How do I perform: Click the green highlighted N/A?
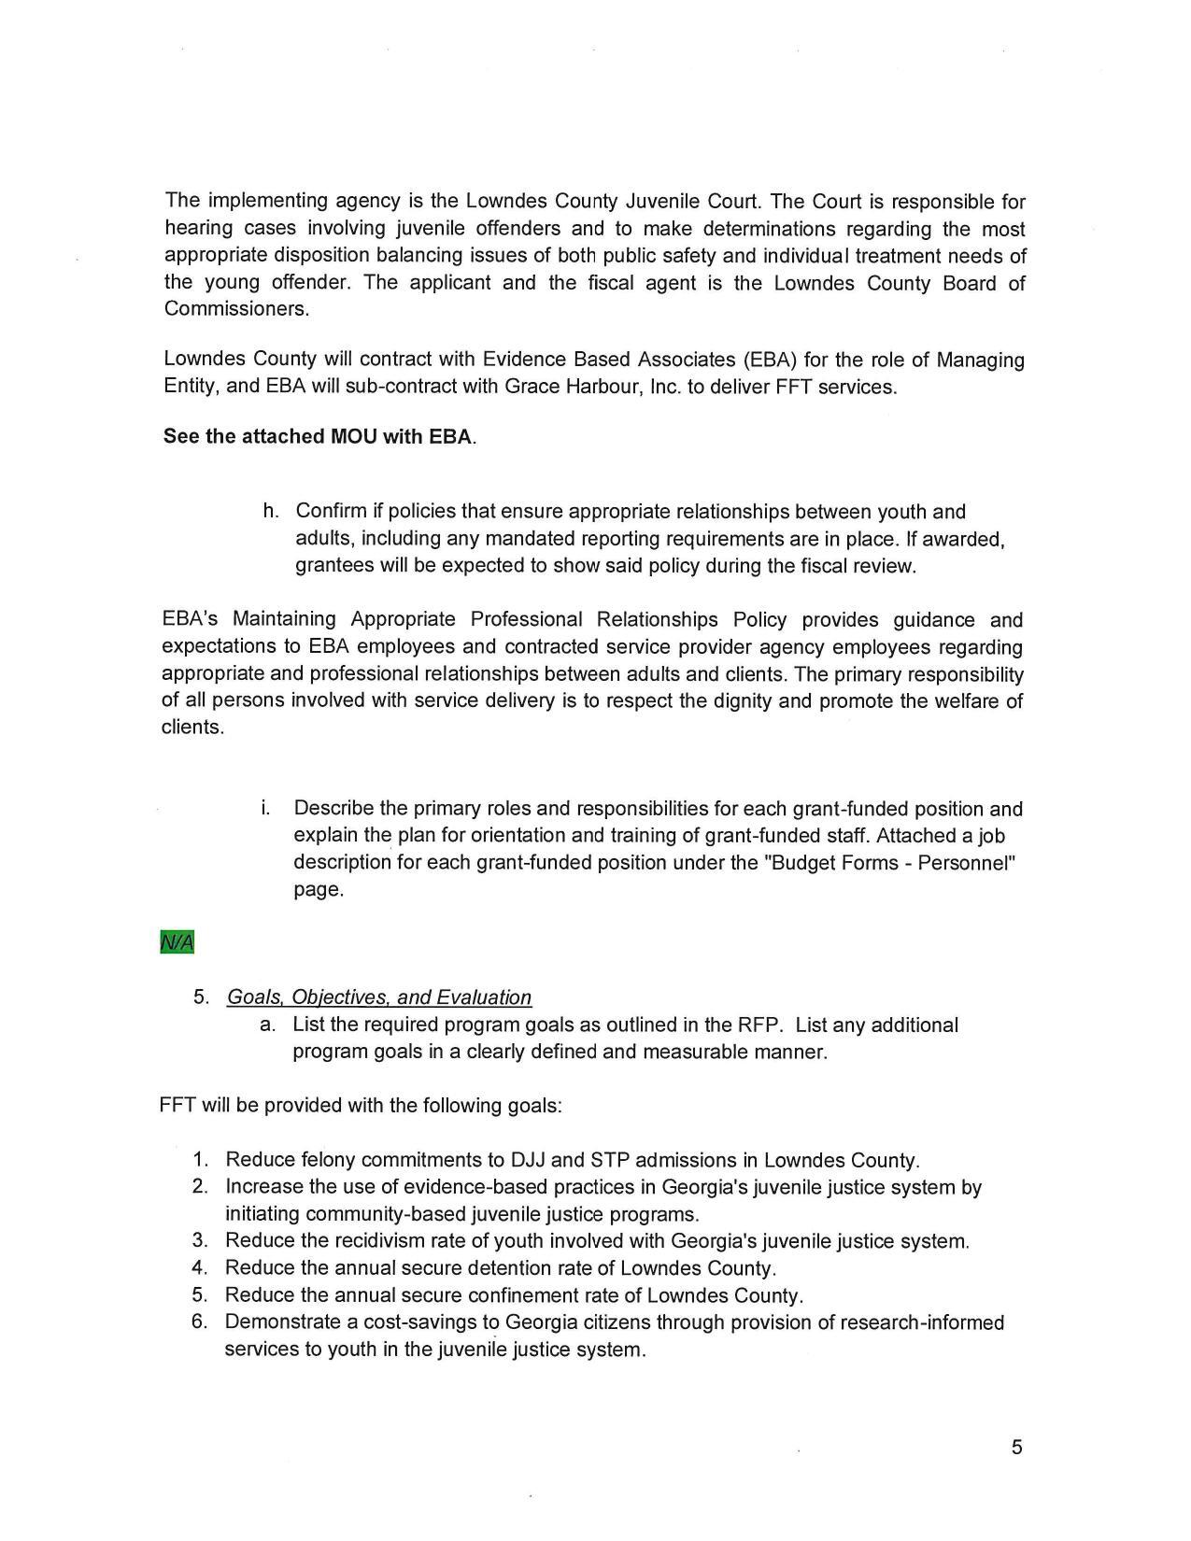(x=177, y=942)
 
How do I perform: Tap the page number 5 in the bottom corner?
(x=1016, y=1448)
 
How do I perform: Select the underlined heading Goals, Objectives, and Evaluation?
(x=379, y=997)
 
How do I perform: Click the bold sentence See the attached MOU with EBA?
(x=319, y=437)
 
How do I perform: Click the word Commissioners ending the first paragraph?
(x=235, y=309)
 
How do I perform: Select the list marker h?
(x=271, y=511)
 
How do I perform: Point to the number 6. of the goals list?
(x=200, y=1322)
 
